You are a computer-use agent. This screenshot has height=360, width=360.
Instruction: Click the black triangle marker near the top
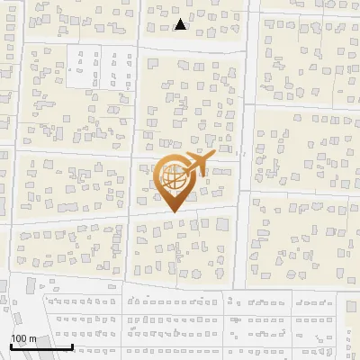point(181,24)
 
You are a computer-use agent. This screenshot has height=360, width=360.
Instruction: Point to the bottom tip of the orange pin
point(172,212)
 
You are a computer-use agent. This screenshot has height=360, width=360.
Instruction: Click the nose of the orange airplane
point(212,155)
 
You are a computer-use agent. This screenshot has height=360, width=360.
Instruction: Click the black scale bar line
point(40,346)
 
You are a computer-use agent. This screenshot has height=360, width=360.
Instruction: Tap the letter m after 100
point(32,338)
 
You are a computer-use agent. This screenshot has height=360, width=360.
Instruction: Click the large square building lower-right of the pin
point(221,222)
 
